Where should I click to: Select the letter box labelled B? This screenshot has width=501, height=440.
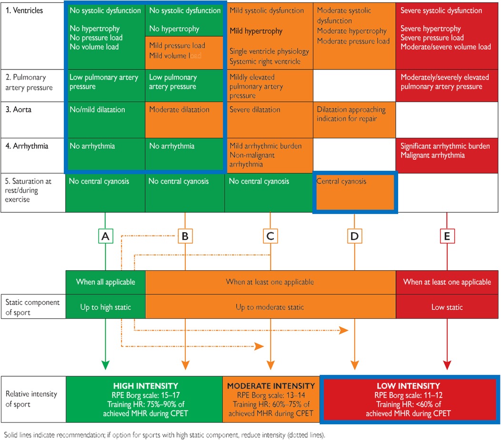coord(185,236)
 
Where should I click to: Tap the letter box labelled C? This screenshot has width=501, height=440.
coord(270,236)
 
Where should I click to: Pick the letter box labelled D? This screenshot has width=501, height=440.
coord(354,236)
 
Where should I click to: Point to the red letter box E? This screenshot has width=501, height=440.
coord(447,236)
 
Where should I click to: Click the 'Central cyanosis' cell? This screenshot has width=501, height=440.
coord(354,192)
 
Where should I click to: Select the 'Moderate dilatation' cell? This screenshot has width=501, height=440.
coord(185,118)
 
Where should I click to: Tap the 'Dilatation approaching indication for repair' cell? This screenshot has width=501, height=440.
coord(354,118)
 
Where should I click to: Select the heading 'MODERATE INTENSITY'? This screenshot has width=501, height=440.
coord(271,386)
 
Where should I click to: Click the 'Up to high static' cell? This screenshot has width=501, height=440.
coord(105,307)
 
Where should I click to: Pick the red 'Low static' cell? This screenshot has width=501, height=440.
coord(447,307)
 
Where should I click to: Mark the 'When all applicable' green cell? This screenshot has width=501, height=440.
coord(105,282)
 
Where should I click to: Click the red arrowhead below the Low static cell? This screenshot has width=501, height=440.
coord(447,365)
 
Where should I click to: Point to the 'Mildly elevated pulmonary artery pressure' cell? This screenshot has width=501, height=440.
coord(270,86)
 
